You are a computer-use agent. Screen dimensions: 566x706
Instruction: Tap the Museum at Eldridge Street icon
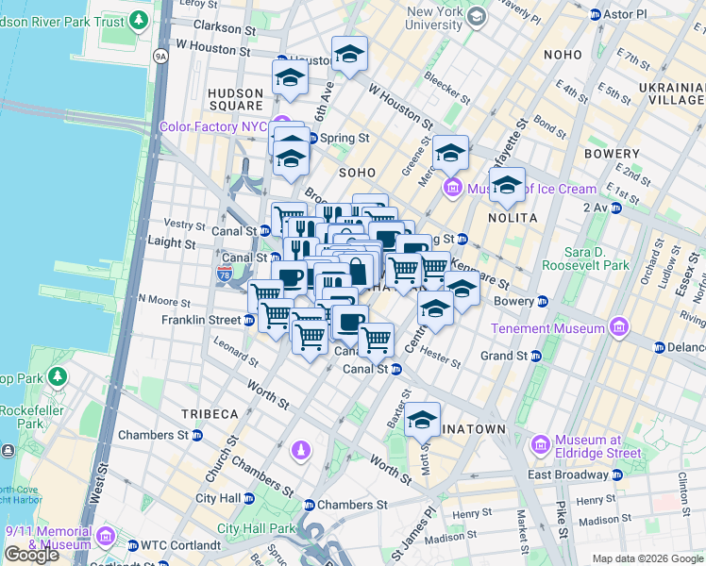tap(540, 443)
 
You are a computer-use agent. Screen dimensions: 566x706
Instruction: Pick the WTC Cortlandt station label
tap(179, 544)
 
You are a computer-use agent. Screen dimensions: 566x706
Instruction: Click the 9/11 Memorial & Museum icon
tap(106, 538)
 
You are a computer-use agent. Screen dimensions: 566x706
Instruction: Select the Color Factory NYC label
tap(213, 126)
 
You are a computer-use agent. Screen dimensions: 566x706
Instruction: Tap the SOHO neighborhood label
tap(358, 174)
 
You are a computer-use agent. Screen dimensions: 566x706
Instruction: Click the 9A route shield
tap(160, 57)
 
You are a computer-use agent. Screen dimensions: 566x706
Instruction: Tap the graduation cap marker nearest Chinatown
tap(423, 418)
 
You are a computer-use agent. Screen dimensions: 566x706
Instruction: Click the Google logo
tap(31, 554)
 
